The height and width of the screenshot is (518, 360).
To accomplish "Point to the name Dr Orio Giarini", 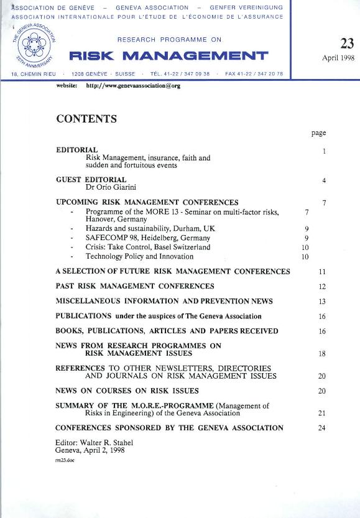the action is click(x=111, y=187).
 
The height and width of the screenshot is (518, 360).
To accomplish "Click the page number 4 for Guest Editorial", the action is click(x=324, y=181).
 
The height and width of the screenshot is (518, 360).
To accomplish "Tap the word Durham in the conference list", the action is click(x=180, y=228).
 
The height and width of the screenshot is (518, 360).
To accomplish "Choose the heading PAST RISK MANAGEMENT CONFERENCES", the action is click(x=135, y=286).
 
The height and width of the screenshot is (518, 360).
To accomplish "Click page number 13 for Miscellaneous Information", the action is click(x=322, y=302).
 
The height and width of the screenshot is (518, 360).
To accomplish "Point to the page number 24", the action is click(x=322, y=428).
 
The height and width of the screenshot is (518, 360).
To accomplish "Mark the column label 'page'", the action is click(x=318, y=132).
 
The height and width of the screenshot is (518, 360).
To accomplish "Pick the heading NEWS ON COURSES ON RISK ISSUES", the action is click(x=127, y=391).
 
